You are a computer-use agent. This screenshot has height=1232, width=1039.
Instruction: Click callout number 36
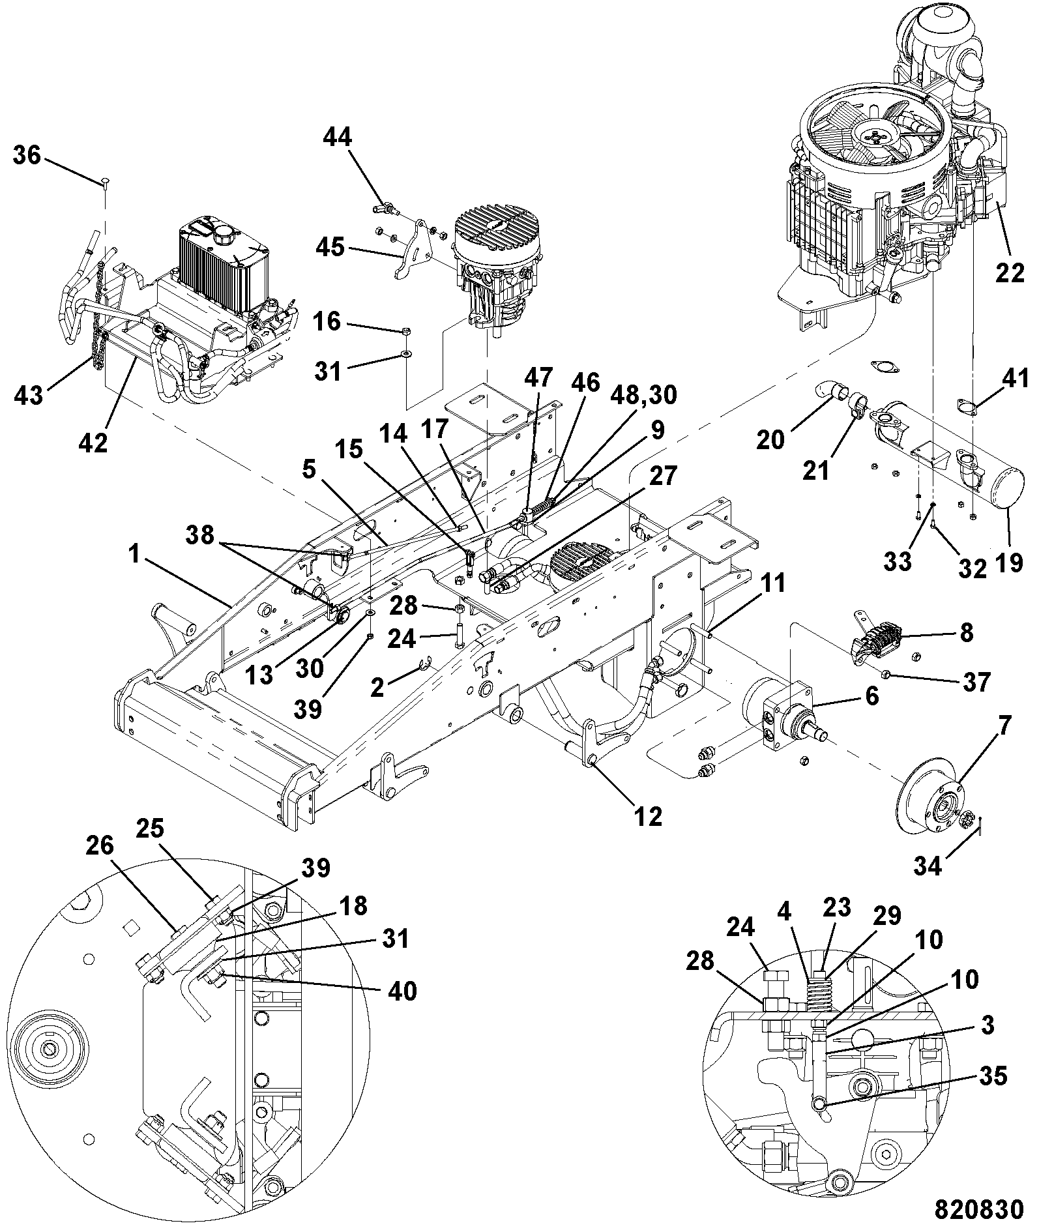pyautogui.click(x=27, y=156)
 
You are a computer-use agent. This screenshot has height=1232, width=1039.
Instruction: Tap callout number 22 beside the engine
pyautogui.click(x=1010, y=274)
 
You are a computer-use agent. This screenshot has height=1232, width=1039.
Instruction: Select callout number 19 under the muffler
pyautogui.click(x=1009, y=561)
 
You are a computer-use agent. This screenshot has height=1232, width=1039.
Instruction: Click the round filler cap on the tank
pyautogui.click(x=223, y=234)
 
